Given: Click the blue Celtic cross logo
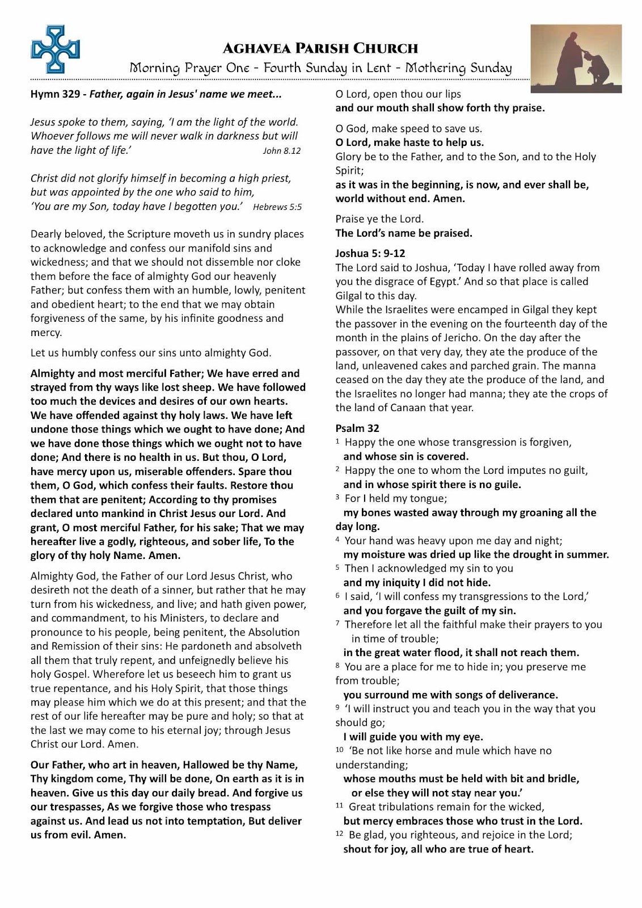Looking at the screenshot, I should tap(55, 49).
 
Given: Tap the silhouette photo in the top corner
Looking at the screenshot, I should tap(576, 58).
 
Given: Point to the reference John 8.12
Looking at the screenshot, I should tap(282, 151).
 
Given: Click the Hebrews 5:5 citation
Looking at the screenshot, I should tap(277, 207).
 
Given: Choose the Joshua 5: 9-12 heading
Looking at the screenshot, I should tap(370, 254).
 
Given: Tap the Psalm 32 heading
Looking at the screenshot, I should tap(357, 428).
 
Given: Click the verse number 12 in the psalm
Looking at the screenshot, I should tap(339, 834).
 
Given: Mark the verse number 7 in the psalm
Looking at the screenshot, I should tap(338, 624).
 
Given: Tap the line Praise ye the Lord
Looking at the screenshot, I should tap(379, 219).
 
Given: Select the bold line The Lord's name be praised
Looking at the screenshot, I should tap(404, 233).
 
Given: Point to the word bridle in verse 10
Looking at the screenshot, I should tap(563, 779).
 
